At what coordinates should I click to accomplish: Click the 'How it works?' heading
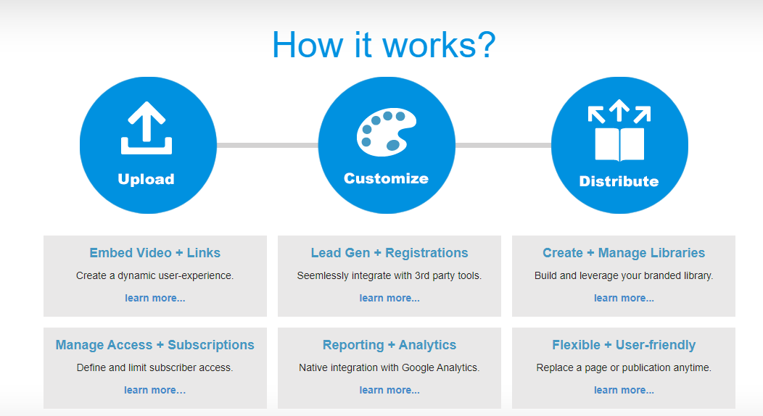(x=384, y=44)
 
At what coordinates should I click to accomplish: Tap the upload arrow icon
(x=147, y=128)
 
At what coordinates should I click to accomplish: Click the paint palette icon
(x=385, y=130)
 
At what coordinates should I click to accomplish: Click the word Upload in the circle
(x=147, y=179)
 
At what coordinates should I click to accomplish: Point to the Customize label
(x=386, y=178)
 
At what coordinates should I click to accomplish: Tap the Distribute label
(x=619, y=181)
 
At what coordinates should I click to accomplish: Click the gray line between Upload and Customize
(x=267, y=145)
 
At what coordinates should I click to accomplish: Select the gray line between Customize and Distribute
(x=503, y=145)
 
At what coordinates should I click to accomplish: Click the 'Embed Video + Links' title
(x=155, y=253)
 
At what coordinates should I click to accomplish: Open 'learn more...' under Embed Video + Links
(x=155, y=298)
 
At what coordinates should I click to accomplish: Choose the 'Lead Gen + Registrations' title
(x=389, y=253)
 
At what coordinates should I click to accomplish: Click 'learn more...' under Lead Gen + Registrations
(x=389, y=298)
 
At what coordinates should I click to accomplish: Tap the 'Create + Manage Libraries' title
(x=624, y=253)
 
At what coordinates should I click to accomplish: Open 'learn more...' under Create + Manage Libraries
(x=624, y=298)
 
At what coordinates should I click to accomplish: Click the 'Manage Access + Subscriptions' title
(x=155, y=345)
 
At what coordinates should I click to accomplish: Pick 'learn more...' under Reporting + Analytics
(x=389, y=390)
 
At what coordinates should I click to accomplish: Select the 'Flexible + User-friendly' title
(x=624, y=345)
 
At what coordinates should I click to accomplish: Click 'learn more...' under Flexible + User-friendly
(x=624, y=390)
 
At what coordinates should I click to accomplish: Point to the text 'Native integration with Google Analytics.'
(x=389, y=367)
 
